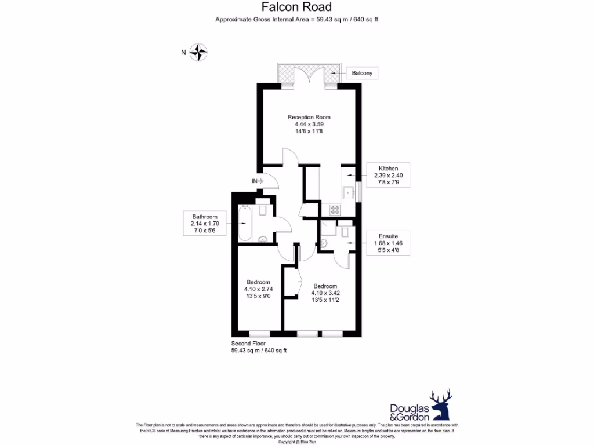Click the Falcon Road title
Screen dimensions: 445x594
click(296, 7)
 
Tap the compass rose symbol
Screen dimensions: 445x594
click(199, 53)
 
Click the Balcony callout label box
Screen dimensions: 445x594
click(363, 73)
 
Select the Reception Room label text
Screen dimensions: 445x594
click(309, 118)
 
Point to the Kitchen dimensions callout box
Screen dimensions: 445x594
click(388, 176)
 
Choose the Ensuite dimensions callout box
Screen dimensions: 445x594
click(388, 243)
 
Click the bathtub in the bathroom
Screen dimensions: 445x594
click(245, 224)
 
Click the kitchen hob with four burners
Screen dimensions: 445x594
click(335, 209)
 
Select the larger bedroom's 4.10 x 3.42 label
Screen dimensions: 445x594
click(325, 293)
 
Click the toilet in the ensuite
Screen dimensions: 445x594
click(324, 243)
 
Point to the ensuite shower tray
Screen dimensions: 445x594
click(327, 227)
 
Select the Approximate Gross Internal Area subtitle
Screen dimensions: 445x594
click(296, 20)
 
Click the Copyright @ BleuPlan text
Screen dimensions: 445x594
click(296, 442)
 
